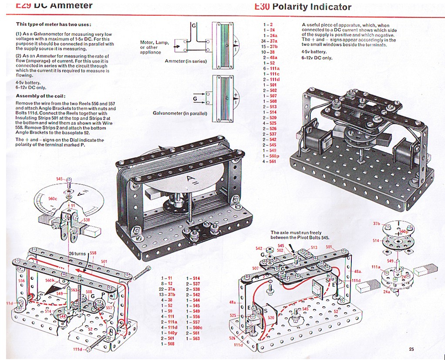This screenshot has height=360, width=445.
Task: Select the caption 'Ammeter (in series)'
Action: click(x=186, y=61)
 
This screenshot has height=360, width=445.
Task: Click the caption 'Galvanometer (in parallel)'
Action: click(x=180, y=113)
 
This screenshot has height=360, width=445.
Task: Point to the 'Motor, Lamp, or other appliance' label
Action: click(x=154, y=47)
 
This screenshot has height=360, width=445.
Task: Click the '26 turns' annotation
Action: click(x=78, y=254)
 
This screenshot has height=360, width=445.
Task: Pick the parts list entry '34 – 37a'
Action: click(x=270, y=41)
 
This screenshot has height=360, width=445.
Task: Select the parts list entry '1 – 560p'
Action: click(x=270, y=156)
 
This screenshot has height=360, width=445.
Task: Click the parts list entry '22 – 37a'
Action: click(x=168, y=289)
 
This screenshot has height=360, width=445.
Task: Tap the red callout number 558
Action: click(x=93, y=253)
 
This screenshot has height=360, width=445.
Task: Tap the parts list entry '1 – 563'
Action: click(x=193, y=338)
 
